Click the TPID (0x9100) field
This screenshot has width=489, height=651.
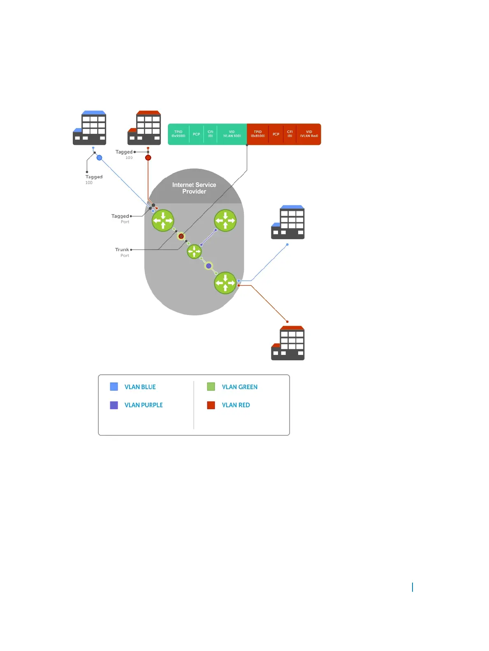(178, 134)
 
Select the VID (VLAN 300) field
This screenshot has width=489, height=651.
(232, 134)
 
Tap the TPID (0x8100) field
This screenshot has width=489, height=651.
(258, 134)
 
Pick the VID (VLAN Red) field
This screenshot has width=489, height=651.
(309, 134)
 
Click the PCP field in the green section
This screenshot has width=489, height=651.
(197, 134)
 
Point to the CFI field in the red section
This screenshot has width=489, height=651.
(290, 134)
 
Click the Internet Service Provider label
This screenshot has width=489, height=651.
(194, 188)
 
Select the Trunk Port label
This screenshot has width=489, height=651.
(122, 252)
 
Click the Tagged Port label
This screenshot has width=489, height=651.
(121, 218)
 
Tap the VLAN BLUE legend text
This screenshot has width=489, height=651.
(140, 387)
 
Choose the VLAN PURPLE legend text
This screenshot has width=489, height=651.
(144, 405)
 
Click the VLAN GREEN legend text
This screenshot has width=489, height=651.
(240, 387)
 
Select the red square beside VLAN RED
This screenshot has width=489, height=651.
(211, 405)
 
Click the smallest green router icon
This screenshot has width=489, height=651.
(194, 251)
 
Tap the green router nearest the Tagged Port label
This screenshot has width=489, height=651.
(163, 221)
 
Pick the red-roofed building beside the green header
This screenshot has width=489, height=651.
(144, 128)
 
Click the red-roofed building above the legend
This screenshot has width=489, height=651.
(288, 343)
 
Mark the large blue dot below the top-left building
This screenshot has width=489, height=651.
(99, 158)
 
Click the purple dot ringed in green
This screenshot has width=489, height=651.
(209, 266)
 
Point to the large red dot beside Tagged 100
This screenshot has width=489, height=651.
(148, 158)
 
